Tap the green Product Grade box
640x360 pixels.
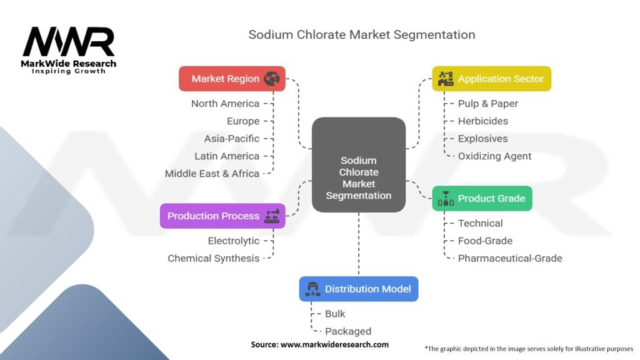click(x=482, y=199)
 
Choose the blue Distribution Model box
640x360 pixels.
click(x=358, y=289)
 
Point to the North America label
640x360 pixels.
click(x=225, y=104)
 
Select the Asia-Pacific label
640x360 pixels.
click(x=231, y=139)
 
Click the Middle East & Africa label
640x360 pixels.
click(x=212, y=174)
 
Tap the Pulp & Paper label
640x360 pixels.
click(x=487, y=104)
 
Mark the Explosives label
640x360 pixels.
click(x=482, y=139)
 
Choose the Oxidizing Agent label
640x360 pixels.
click(x=494, y=156)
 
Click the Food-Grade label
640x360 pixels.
click(x=485, y=241)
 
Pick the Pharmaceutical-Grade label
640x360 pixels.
click(x=509, y=258)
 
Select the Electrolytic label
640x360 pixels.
click(x=233, y=241)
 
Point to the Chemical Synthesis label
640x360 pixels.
click(x=213, y=258)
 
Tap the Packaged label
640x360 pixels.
click(x=347, y=331)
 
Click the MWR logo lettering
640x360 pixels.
click(x=69, y=42)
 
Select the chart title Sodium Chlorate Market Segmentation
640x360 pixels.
click(x=361, y=35)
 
